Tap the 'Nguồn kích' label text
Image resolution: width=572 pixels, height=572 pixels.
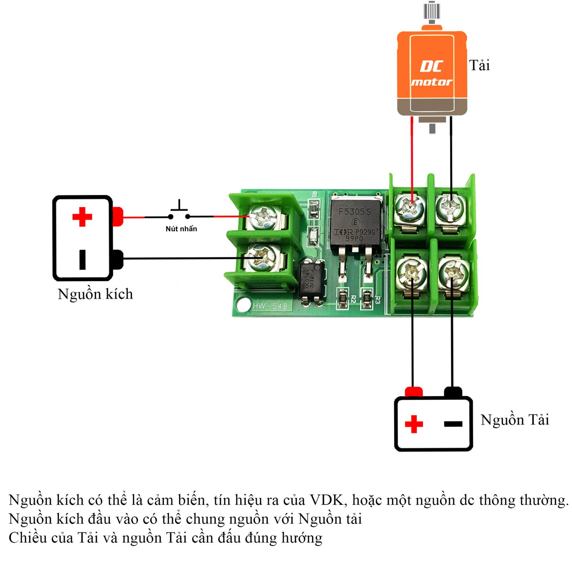click(x=95, y=294)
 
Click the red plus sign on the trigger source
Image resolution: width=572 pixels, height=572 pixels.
click(x=82, y=217)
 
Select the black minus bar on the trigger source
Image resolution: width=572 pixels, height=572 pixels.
click(x=82, y=259)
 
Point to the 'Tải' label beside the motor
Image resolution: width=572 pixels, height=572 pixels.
click(x=479, y=66)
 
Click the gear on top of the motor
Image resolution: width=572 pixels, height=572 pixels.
click(x=432, y=11)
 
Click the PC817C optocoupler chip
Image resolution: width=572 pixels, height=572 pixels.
click(x=311, y=279)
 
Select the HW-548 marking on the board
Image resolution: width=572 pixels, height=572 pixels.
click(x=270, y=306)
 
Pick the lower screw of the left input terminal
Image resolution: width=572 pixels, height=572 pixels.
click(x=260, y=258)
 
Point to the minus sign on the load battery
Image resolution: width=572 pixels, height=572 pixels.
click(x=453, y=424)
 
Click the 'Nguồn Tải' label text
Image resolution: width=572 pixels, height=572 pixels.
click(x=515, y=420)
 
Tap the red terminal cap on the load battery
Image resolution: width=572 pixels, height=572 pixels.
click(x=413, y=392)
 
